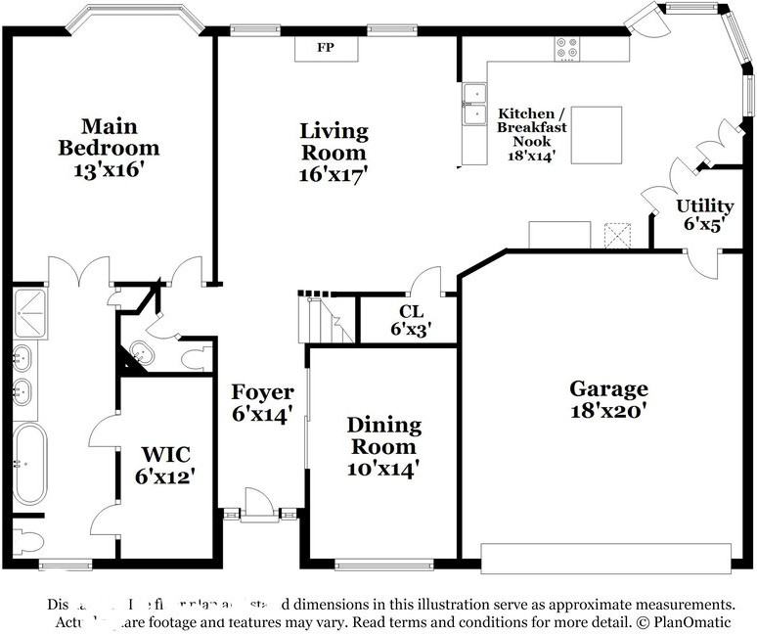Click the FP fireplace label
point(326,47)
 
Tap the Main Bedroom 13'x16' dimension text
point(108,169)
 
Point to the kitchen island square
point(596,135)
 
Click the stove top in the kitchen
point(567,48)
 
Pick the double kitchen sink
point(474,105)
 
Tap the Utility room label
point(705,206)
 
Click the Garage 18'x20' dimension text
point(608,410)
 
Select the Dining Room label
point(383,436)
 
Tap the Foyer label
point(262,392)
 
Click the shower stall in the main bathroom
point(29,312)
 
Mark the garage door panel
point(605,559)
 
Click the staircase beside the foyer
point(322,318)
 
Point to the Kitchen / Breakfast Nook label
point(532,127)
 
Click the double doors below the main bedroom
point(79,271)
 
